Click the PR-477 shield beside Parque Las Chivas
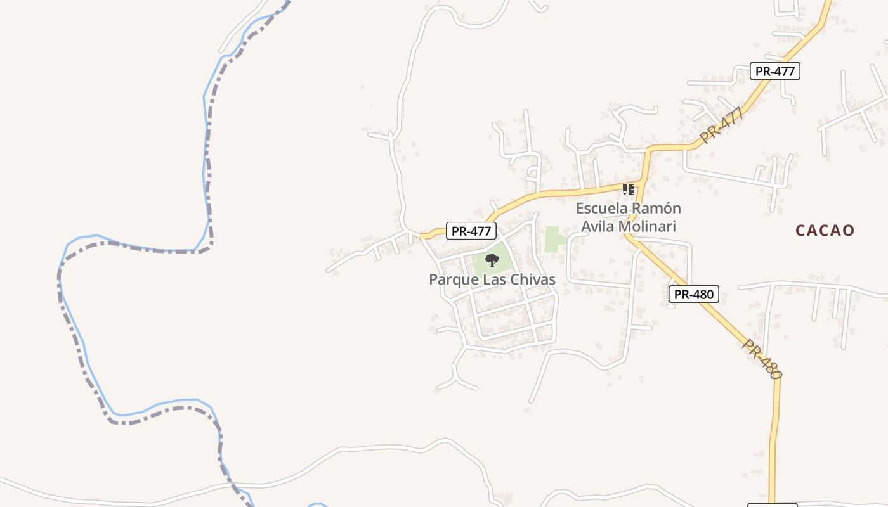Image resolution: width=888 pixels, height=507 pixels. pyautogui.click(x=471, y=231)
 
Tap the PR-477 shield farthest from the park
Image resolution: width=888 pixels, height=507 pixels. pyautogui.click(x=774, y=71)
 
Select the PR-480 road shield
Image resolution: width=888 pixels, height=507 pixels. pyautogui.click(x=693, y=294)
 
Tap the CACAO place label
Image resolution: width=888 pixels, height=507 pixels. pyautogui.click(x=825, y=230)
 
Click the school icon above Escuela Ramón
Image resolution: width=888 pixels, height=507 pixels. pyautogui.click(x=629, y=189)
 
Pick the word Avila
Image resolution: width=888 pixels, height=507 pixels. pyautogui.click(x=597, y=226)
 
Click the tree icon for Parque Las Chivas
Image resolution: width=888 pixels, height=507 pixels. pyautogui.click(x=492, y=260)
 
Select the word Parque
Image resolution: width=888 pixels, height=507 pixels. pyautogui.click(x=452, y=279)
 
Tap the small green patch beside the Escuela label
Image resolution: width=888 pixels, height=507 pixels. pyautogui.click(x=554, y=240)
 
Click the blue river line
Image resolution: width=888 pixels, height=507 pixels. pyautogui.click(x=204, y=127)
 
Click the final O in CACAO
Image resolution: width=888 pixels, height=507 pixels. pyautogui.click(x=849, y=230)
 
